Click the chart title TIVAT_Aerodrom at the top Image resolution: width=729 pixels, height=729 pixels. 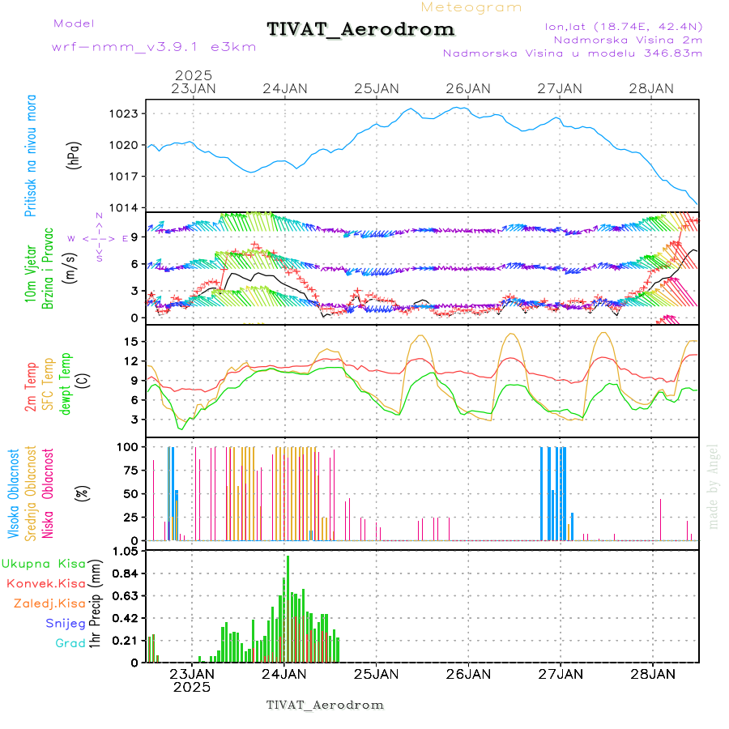coord(360,29)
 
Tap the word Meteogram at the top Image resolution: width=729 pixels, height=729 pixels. coord(471,7)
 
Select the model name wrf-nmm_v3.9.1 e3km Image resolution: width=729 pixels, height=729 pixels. coord(154,47)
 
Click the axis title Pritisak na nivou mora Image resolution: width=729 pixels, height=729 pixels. coord(32,155)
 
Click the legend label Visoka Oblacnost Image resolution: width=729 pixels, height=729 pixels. coord(14,493)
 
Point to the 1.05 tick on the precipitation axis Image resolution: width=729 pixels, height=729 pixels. coord(126,552)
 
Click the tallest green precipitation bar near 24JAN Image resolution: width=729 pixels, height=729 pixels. coord(288,607)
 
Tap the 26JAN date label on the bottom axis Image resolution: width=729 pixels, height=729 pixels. coord(468,673)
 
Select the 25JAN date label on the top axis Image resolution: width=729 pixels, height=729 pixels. coord(376,88)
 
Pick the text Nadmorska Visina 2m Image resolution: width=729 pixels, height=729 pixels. coord(627,40)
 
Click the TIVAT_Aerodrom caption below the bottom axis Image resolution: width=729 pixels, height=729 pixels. coord(325,705)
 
